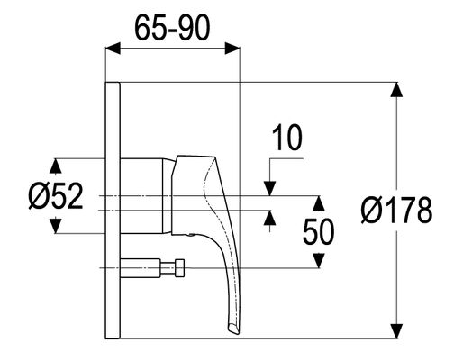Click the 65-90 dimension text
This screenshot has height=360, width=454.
coord(172,28)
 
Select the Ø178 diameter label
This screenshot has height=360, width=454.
coord(397,210)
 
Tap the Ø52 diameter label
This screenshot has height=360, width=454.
coord(56,195)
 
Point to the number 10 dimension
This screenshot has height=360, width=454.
coord(287,138)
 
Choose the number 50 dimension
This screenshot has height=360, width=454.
coord(318,231)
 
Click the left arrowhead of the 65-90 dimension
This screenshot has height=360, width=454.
coord(113,49)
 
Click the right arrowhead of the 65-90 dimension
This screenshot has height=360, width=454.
coord(232,49)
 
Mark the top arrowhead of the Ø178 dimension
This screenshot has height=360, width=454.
coord(397,89)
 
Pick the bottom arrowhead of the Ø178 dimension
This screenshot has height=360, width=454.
coord(397,331)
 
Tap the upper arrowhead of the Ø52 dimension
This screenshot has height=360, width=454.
coord(55,166)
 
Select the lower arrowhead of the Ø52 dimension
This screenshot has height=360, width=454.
coord(55,226)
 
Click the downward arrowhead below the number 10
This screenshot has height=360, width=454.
coord(269,189)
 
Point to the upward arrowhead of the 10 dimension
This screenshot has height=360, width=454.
coord(269,218)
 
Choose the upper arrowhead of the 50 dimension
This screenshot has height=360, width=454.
coord(319,203)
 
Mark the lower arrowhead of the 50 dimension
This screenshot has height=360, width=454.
coord(319,260)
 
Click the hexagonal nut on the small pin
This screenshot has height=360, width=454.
coord(180,267)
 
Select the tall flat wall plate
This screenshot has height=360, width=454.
coord(113,211)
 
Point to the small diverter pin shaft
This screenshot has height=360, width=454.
coord(141,267)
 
